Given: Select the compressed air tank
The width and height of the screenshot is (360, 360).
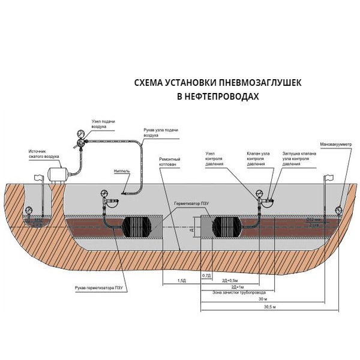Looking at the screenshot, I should [x=56, y=174].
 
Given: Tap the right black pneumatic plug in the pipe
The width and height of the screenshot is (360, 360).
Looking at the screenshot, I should [x=227, y=226].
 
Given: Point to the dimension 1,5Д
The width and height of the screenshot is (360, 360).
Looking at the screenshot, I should [x=181, y=280].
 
